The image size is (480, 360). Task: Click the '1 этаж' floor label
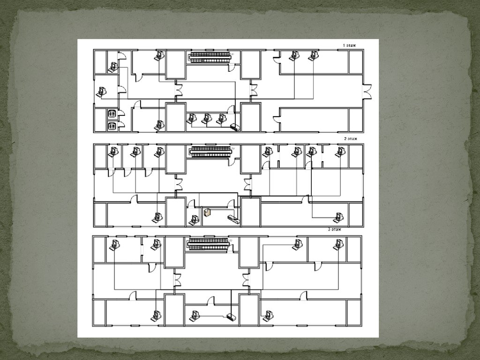[350, 45]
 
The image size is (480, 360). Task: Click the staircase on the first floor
[210, 58]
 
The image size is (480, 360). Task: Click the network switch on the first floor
[235, 127]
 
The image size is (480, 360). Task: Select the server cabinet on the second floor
[208, 212]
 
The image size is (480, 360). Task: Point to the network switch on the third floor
[231, 316]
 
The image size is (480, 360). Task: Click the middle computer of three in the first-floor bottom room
[207, 119]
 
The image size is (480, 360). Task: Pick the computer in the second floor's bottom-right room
[338, 217]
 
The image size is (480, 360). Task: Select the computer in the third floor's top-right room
[338, 244]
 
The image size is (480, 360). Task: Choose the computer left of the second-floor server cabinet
[194, 219]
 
